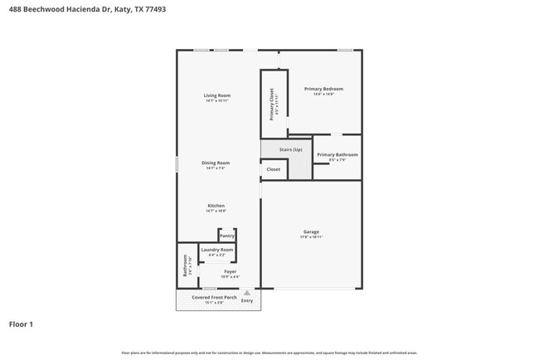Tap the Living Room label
click(216, 96)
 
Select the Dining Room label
click(216, 163)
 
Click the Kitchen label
click(216, 206)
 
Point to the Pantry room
click(226, 236)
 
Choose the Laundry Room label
click(216, 250)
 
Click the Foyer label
click(230, 271)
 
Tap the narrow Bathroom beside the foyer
click(187, 265)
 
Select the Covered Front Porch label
click(214, 297)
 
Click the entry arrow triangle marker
click(246, 292)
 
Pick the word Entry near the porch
click(247, 300)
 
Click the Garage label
click(311, 231)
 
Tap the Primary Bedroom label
click(323, 89)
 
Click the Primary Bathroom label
click(337, 154)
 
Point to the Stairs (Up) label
click(290, 149)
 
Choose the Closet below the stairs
click(274, 169)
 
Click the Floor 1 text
click(21, 324)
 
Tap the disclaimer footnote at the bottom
click(269, 353)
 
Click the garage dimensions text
click(311, 237)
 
